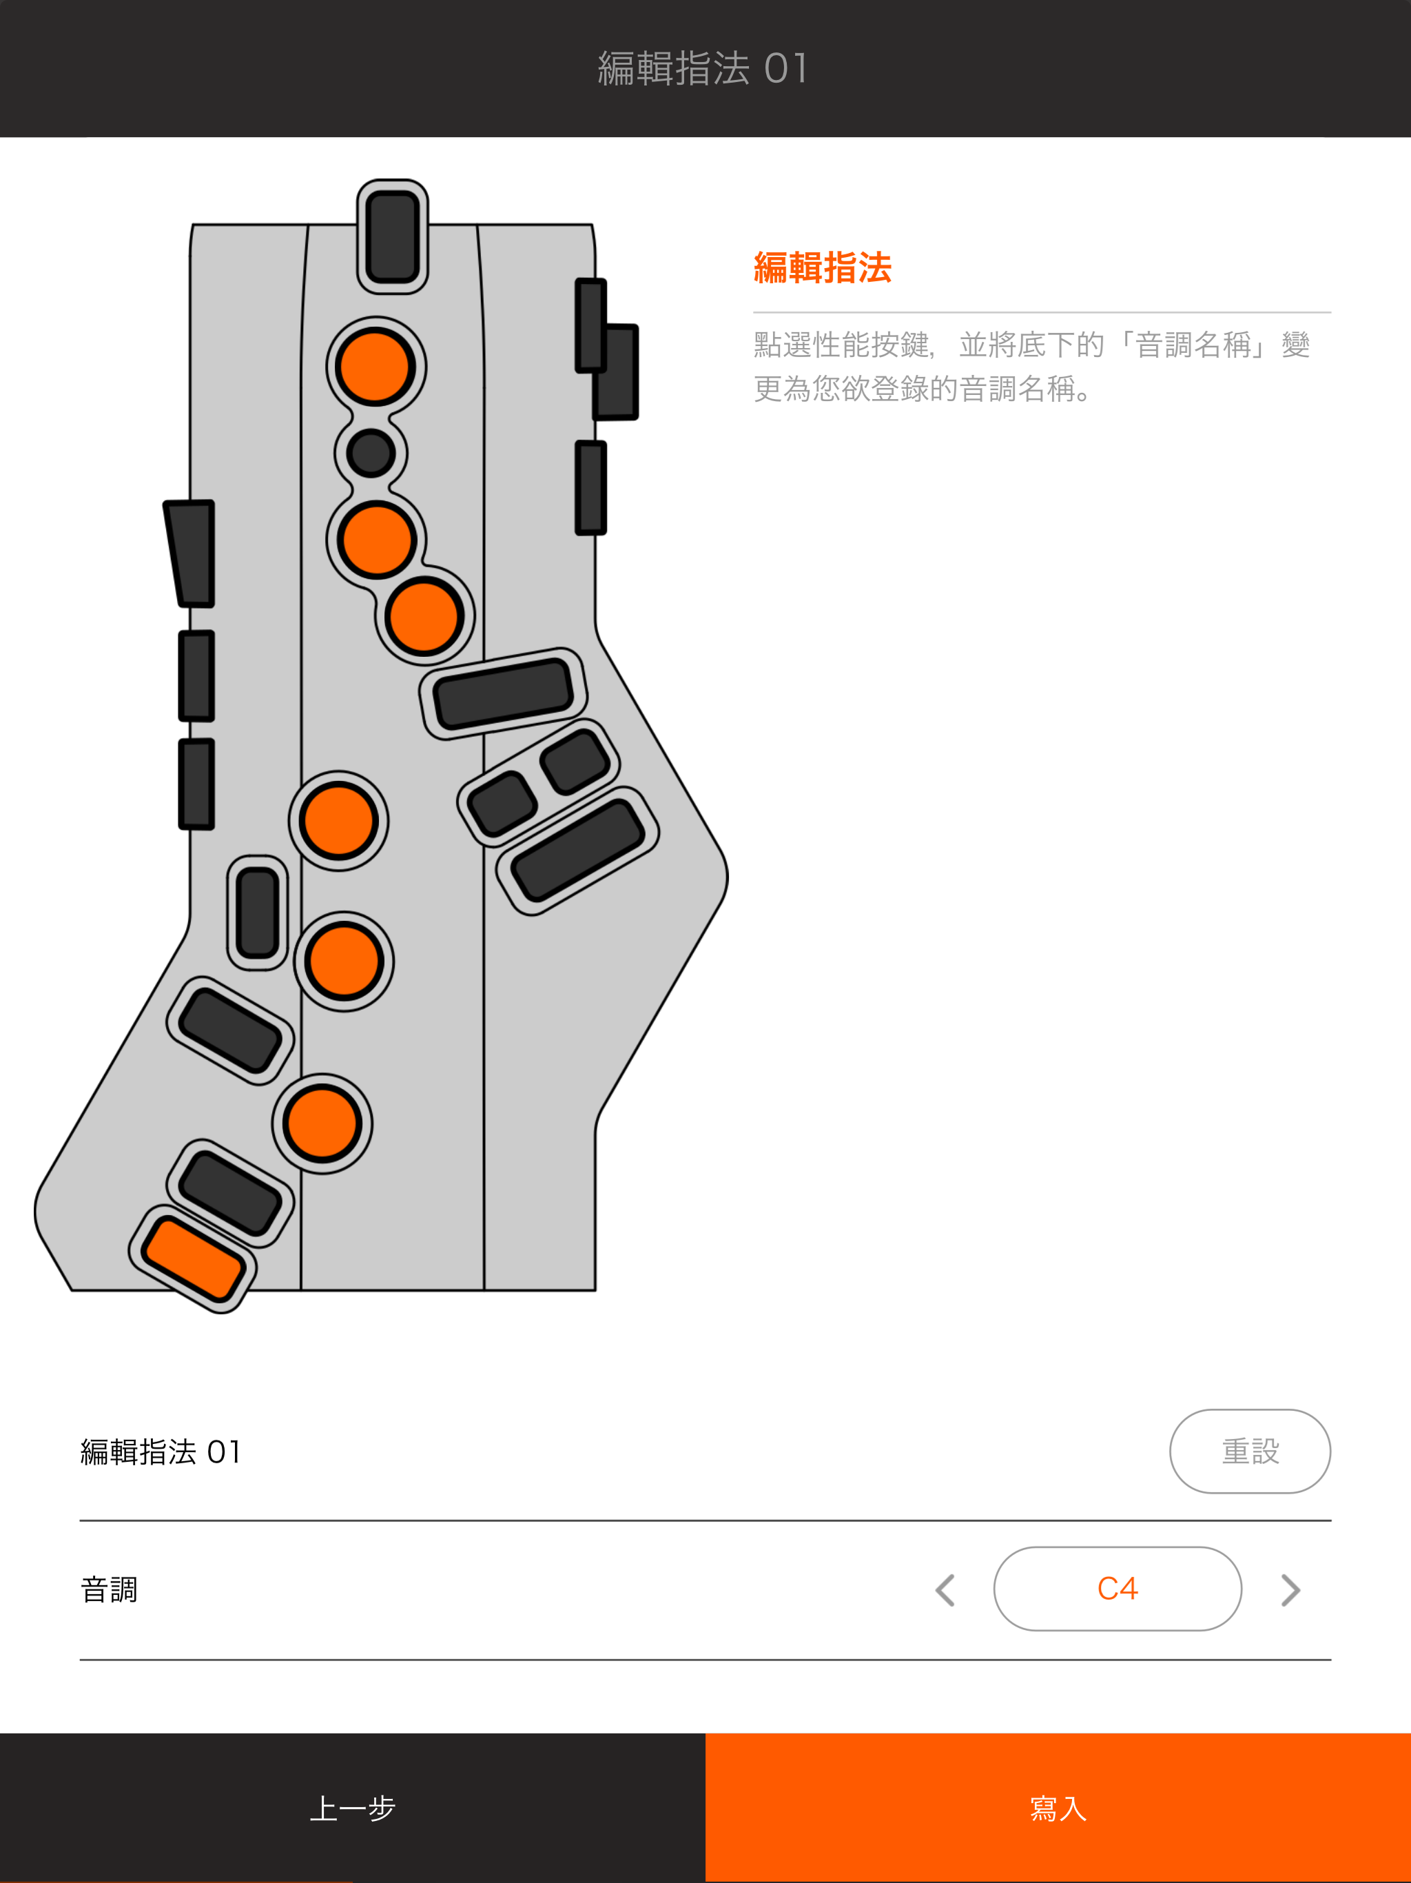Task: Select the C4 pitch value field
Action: tap(1117, 1589)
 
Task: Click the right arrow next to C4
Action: tap(1290, 1589)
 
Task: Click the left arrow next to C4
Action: tap(945, 1589)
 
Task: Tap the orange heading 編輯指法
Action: tap(822, 268)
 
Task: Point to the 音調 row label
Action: tap(109, 1589)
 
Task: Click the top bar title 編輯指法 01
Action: tap(703, 68)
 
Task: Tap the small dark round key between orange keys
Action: tap(371, 453)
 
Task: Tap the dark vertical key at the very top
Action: tap(392, 236)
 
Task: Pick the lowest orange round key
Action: tap(322, 1123)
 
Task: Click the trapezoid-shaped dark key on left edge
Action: tap(193, 553)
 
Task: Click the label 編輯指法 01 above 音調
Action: tap(161, 1452)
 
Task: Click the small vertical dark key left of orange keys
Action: tap(258, 913)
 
